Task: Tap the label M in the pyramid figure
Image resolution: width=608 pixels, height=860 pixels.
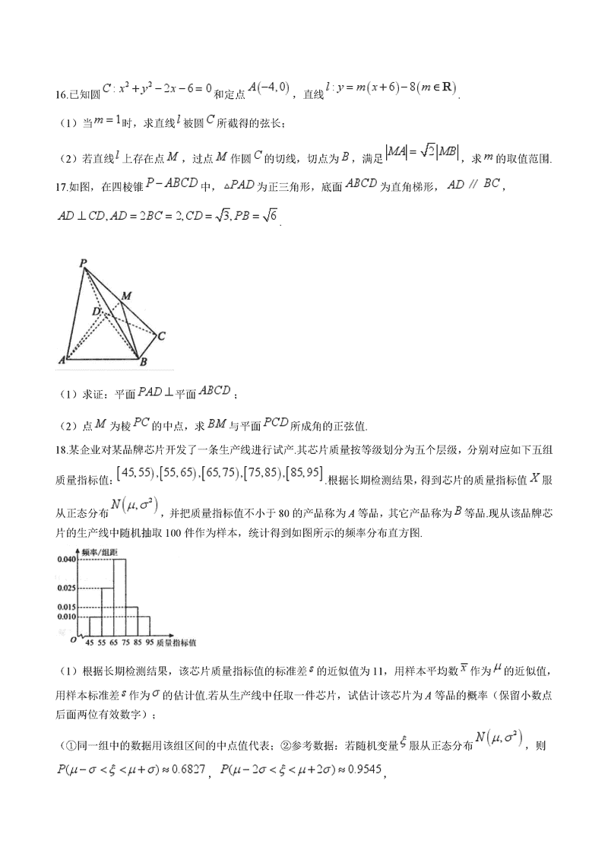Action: [x=126, y=294]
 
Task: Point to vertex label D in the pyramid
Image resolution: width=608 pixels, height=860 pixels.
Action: [x=96, y=311]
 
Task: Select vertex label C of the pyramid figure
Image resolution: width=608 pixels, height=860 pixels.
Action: [x=162, y=334]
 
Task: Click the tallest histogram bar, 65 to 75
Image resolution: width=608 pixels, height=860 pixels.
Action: [x=119, y=597]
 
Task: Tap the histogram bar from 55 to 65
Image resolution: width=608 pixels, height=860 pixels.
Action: [x=107, y=611]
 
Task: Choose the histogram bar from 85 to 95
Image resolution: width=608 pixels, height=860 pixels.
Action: [x=144, y=626]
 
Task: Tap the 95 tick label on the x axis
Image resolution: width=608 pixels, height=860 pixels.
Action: [x=150, y=643]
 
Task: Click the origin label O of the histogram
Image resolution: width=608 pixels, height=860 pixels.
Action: [x=73, y=640]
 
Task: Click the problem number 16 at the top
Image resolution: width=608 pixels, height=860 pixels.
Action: [x=62, y=94]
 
